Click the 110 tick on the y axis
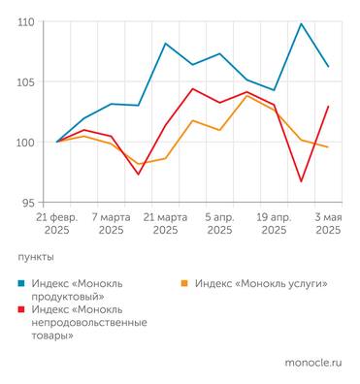[x=26, y=21]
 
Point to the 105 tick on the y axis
[x=26, y=81]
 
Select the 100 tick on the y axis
[x=26, y=142]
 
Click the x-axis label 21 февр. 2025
[x=57, y=224]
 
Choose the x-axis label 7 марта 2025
[x=111, y=224]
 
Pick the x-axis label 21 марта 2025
[x=165, y=224]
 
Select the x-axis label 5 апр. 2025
[x=219, y=224]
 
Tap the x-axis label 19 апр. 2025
[x=274, y=224]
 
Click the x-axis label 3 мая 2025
[x=327, y=224]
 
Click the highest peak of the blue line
[x=301, y=24]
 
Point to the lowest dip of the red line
[x=301, y=181]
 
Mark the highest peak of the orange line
[x=246, y=95]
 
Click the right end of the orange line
[x=328, y=146]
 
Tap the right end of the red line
[x=328, y=107]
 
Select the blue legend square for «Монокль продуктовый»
[x=22, y=284]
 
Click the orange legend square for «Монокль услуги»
[x=185, y=284]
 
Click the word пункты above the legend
[x=36, y=257]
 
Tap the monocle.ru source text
[x=313, y=362]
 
